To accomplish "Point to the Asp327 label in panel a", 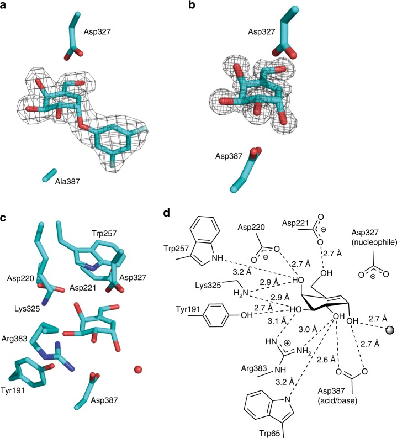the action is (99, 33).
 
